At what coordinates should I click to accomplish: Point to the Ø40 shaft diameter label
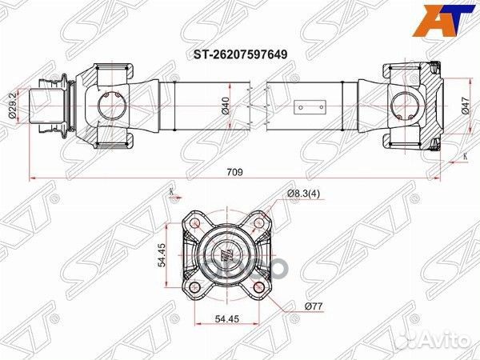click(226, 105)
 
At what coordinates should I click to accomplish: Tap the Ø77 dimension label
click(313, 305)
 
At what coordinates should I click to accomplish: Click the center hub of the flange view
click(225, 256)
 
